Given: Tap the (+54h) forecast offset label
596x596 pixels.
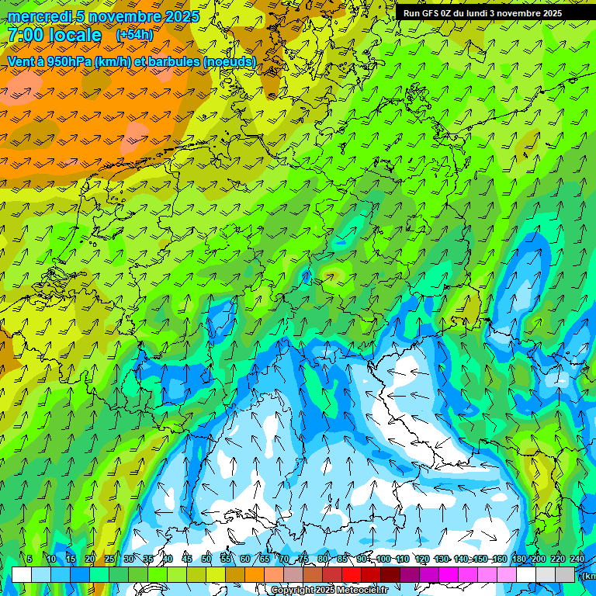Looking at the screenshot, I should click(x=134, y=35).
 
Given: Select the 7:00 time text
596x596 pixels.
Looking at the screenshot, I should click(x=24, y=35).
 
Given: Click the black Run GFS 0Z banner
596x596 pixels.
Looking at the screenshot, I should click(x=483, y=13).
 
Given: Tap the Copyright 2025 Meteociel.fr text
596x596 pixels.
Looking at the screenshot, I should click(x=329, y=591).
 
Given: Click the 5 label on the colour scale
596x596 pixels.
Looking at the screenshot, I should click(x=29, y=559).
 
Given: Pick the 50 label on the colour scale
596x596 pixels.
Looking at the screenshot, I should click(x=206, y=559).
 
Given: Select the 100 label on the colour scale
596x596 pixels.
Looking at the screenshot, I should click(x=383, y=559).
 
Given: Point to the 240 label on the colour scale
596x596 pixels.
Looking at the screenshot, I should click(x=577, y=559).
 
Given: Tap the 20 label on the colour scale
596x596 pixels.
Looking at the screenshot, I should click(x=90, y=559).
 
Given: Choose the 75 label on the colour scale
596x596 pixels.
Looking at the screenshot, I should click(x=303, y=559).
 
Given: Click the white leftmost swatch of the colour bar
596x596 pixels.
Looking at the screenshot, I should click(x=22, y=574).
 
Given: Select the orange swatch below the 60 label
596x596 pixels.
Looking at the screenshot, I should click(x=255, y=574).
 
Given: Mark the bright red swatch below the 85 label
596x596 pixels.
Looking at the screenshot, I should click(x=352, y=574).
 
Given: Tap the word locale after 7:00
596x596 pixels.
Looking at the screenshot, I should click(x=74, y=35).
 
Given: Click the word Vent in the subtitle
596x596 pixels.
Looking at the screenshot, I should click(x=22, y=61).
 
